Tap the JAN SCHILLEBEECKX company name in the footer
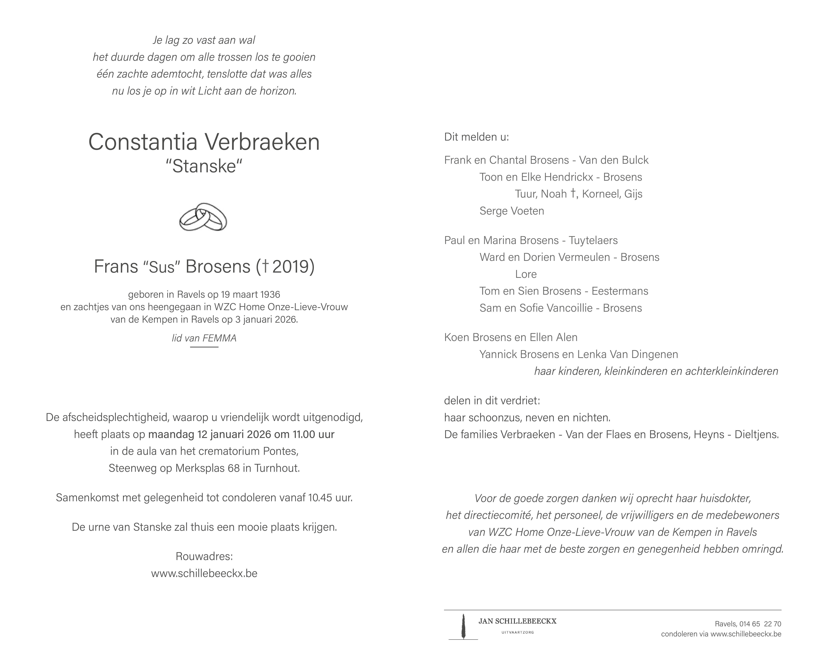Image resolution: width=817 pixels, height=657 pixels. tap(517, 621)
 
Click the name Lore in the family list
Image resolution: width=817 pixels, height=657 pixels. tap(526, 274)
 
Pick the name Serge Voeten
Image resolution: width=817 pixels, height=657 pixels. tap(512, 211)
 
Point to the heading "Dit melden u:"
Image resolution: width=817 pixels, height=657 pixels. tap(476, 137)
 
